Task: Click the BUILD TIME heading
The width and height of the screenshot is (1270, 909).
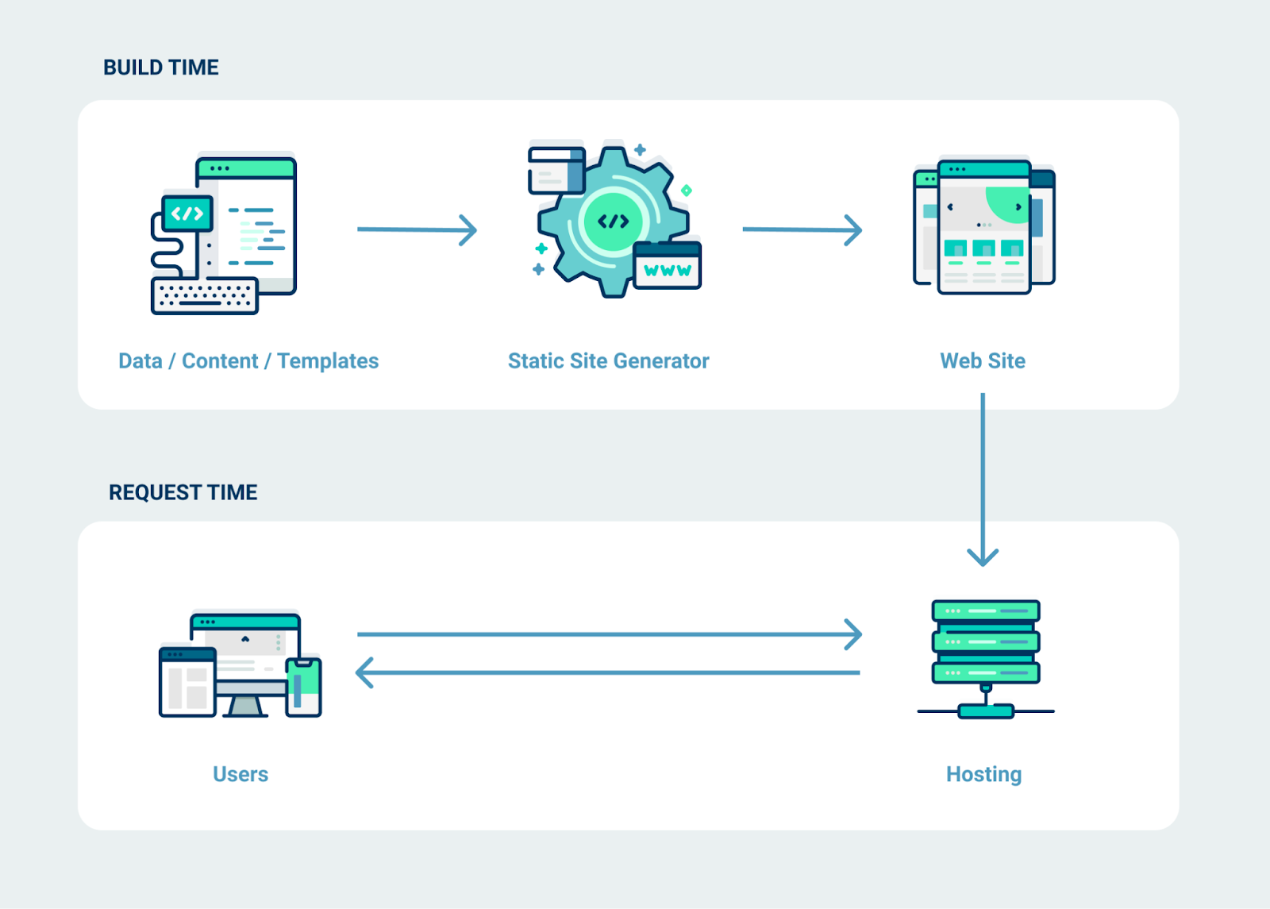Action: point(161,67)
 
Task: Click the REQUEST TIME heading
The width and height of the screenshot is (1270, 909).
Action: point(183,492)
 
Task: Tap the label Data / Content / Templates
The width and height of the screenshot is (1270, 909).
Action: point(248,361)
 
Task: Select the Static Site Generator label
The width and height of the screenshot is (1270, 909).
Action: point(608,361)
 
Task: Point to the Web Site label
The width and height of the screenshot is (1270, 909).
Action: point(983,361)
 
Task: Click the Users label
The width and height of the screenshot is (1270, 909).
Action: point(241,774)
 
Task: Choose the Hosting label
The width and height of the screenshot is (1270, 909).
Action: point(983,774)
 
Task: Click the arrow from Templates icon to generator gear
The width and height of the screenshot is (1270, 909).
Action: point(417,229)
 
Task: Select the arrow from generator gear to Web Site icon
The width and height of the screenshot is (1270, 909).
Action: point(802,229)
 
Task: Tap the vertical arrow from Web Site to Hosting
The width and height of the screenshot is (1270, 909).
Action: point(983,476)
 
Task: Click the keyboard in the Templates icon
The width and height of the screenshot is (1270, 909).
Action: point(205,295)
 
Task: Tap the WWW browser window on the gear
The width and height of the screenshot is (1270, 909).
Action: point(668,266)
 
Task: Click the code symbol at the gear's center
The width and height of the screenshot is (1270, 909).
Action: point(613,221)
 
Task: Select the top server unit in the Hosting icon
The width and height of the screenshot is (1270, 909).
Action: point(986,610)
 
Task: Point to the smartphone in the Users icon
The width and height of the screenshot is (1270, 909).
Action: point(303,687)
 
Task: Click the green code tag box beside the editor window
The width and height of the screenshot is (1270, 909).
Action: point(187,213)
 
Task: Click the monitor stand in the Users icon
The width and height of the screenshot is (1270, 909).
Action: point(245,706)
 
